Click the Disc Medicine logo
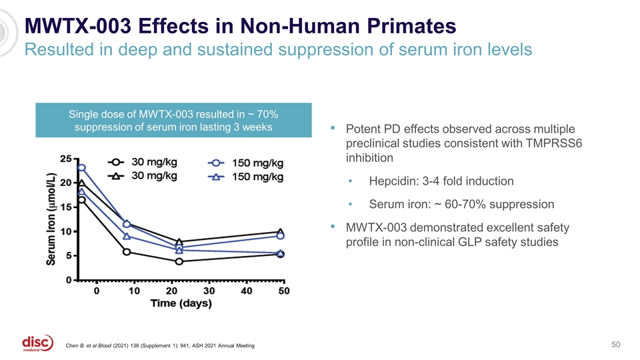(x=37, y=343)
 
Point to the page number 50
(x=615, y=345)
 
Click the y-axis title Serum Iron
(x=51, y=219)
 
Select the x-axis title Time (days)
(x=181, y=303)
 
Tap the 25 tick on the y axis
(x=66, y=159)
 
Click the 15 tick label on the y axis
(x=66, y=207)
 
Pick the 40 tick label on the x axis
(x=247, y=291)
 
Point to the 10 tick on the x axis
(x=134, y=291)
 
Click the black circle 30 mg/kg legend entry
(x=143, y=162)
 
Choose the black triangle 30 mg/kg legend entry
(x=143, y=176)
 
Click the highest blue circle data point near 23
(x=81, y=168)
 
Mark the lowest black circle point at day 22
(x=179, y=261)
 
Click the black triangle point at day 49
(x=281, y=232)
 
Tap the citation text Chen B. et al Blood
(x=88, y=346)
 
